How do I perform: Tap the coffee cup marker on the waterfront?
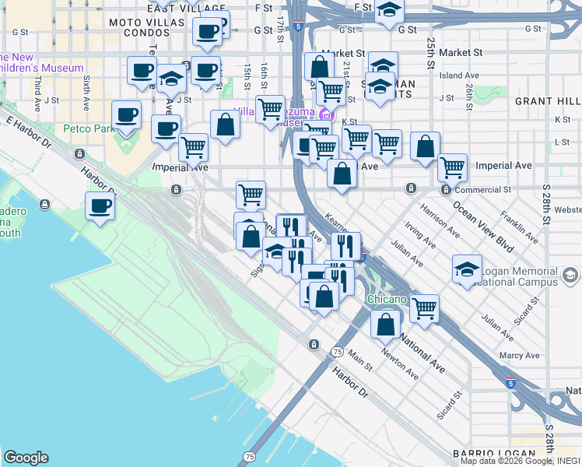pyautogui.click(x=100, y=207)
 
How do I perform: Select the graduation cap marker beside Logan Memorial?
pyautogui.click(x=466, y=270)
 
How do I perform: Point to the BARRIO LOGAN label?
pyautogui.click(x=494, y=453)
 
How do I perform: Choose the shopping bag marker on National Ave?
pyautogui.click(x=386, y=325)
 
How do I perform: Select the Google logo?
pyautogui.click(x=26, y=458)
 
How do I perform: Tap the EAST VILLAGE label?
pyautogui.click(x=179, y=8)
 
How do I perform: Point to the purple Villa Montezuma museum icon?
pyautogui.click(x=324, y=117)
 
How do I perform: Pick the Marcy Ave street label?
pyautogui.click(x=520, y=356)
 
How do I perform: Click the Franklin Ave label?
pyautogui.click(x=519, y=226)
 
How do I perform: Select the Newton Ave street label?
pyautogui.click(x=401, y=363)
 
